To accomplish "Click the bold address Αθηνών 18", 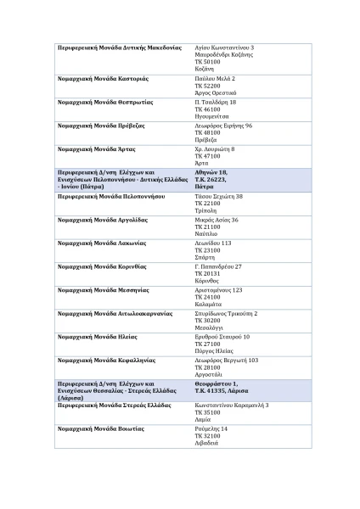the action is point(211,172).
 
